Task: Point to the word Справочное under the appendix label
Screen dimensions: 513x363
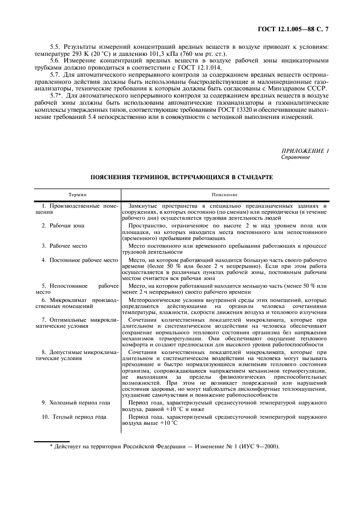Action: tap(295, 157)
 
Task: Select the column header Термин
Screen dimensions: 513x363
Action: tap(77, 195)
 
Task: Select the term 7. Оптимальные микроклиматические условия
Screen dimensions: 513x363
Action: tap(77, 322)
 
